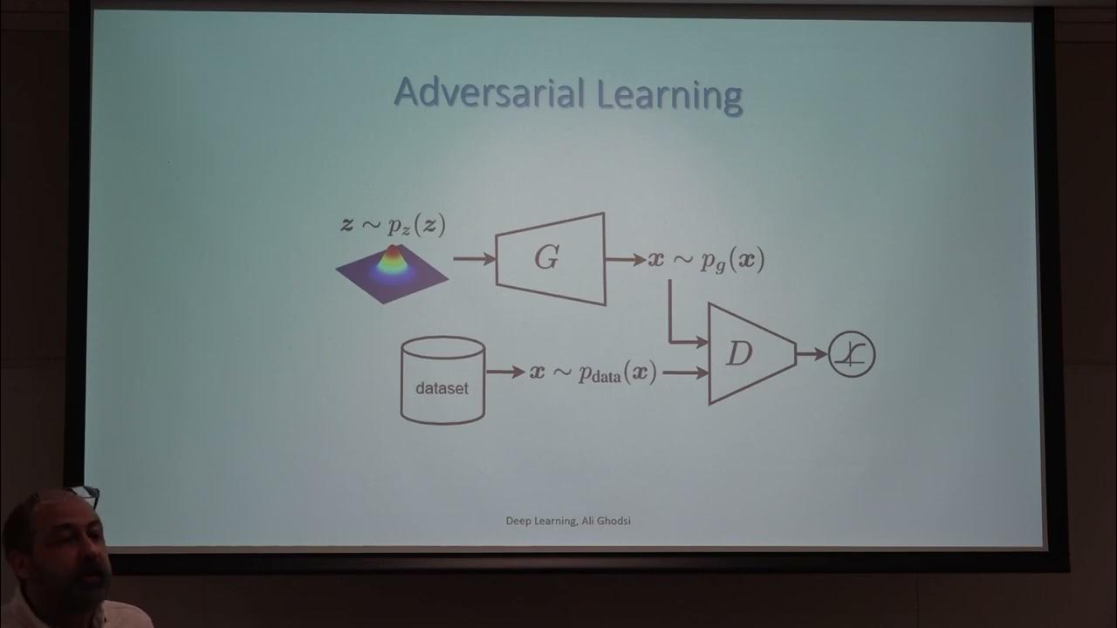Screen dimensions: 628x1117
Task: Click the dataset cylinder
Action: click(442, 380)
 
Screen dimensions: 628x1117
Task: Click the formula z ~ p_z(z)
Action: click(393, 225)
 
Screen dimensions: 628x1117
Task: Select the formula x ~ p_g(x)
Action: click(706, 260)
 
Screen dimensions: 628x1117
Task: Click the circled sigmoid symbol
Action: click(852, 354)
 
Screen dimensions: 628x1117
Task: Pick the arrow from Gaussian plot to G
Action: click(474, 259)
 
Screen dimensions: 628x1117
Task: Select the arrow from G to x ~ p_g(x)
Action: click(625, 260)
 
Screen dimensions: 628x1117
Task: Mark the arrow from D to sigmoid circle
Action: click(812, 354)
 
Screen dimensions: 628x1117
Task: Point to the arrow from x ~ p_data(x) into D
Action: click(686, 372)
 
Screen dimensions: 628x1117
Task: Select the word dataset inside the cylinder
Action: click(442, 389)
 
